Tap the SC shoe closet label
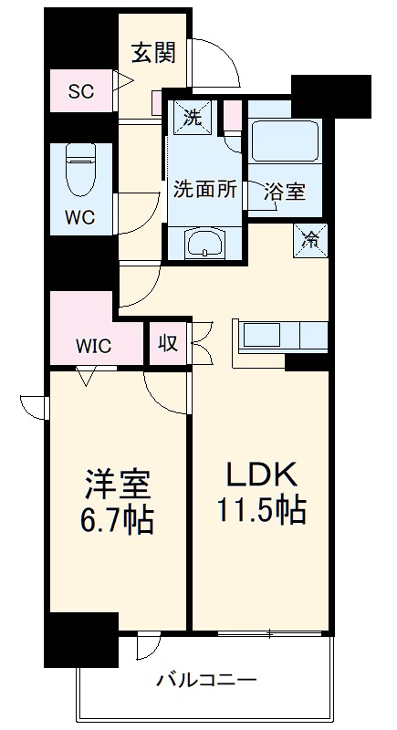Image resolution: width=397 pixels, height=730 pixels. click(82, 92)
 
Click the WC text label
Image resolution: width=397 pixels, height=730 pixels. click(81, 219)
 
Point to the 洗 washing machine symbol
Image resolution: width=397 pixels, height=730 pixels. click(193, 116)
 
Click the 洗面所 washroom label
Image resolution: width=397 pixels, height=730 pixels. click(206, 191)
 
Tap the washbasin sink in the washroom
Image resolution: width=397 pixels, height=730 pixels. click(205, 244)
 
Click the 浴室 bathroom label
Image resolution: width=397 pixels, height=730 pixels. click(285, 193)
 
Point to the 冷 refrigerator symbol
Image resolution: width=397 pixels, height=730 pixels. click(311, 241)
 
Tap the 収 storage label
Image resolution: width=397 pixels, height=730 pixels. click(169, 345)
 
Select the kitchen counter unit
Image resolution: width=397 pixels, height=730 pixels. click(282, 335)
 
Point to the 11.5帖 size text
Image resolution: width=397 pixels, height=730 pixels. click(260, 509)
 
